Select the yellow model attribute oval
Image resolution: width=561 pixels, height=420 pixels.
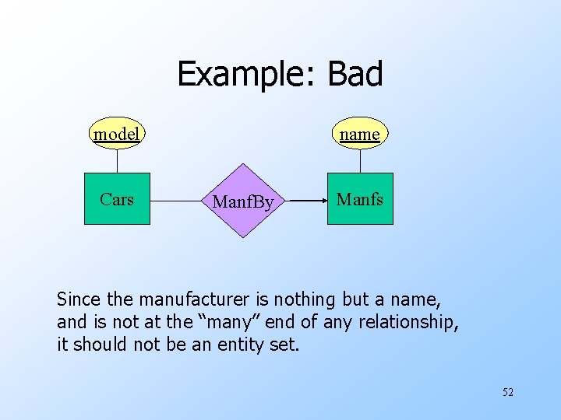click(117, 135)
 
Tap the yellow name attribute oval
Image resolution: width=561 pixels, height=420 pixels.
click(360, 135)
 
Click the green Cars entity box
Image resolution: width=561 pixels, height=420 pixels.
click(117, 199)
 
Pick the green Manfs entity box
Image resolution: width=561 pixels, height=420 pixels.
click(360, 199)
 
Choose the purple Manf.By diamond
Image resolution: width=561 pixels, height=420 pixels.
click(243, 201)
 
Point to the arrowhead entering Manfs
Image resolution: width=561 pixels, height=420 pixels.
click(322, 200)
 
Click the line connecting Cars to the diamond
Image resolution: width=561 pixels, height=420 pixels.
click(179, 200)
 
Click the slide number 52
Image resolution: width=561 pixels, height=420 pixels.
click(507, 392)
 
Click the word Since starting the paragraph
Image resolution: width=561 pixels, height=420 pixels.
click(78, 299)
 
